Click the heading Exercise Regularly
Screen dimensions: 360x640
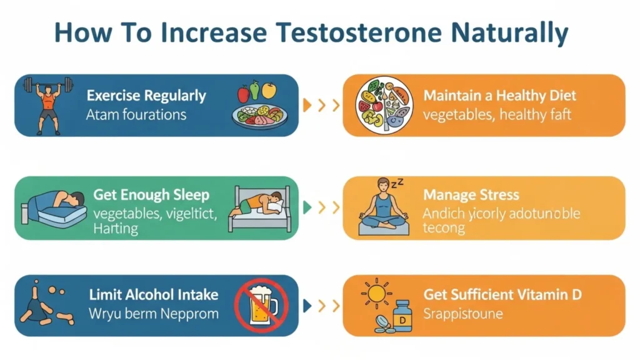coord(146,96)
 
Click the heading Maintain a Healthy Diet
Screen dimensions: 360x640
coord(499,96)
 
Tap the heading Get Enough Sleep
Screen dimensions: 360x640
coord(151,194)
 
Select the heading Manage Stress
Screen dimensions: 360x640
coord(471,194)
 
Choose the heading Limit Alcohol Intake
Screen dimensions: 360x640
coord(153,294)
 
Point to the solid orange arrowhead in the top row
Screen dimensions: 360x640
coord(306,105)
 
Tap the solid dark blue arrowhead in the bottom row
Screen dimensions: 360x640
coord(306,306)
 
